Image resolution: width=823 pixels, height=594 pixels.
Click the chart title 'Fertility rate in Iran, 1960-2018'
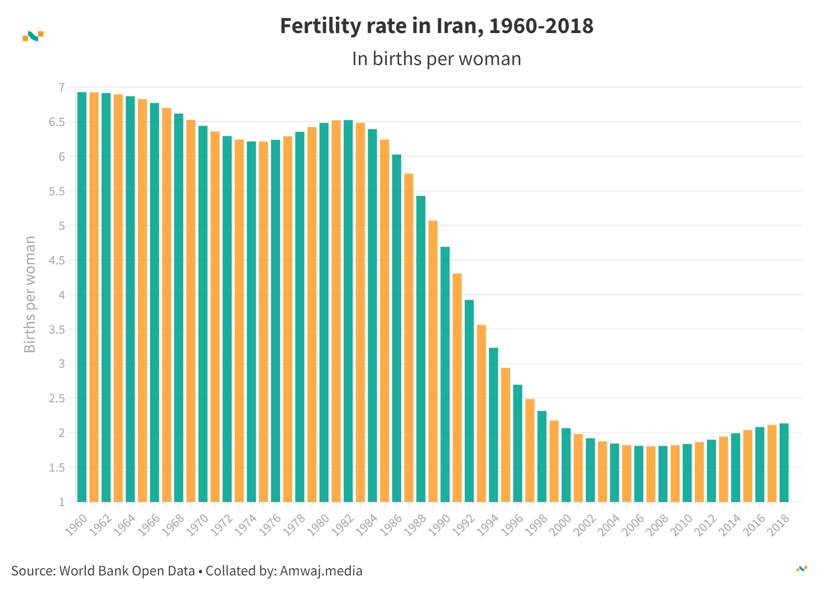tap(436, 26)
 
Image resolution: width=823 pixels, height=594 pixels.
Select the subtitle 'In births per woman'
tap(436, 59)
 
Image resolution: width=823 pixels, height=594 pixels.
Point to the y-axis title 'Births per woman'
tap(30, 294)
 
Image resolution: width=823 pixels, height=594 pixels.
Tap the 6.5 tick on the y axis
tap(57, 122)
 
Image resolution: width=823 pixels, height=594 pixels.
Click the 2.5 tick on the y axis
tap(57, 399)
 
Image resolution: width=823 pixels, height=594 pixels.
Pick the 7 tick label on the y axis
tap(62, 88)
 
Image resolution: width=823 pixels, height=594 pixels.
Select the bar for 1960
tap(82, 297)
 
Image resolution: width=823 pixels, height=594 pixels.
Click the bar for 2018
tap(784, 463)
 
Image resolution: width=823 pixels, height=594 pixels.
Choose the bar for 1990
tap(445, 374)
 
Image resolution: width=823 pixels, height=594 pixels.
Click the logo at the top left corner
tap(33, 36)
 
